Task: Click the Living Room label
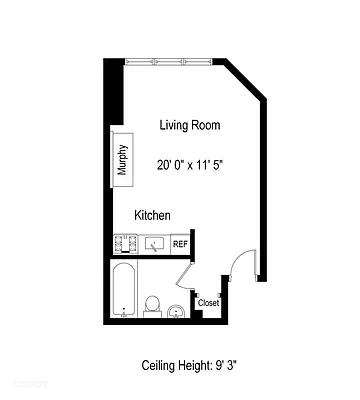190,125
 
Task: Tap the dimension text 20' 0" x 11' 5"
190,164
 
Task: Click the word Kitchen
153,215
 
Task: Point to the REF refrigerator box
180,243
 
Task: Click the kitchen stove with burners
124,243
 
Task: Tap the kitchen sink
154,243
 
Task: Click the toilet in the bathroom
153,303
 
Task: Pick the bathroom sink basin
177,311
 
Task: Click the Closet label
208,302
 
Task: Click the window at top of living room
168,63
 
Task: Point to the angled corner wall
245,80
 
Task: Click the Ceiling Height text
189,367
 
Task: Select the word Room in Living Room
206,125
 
